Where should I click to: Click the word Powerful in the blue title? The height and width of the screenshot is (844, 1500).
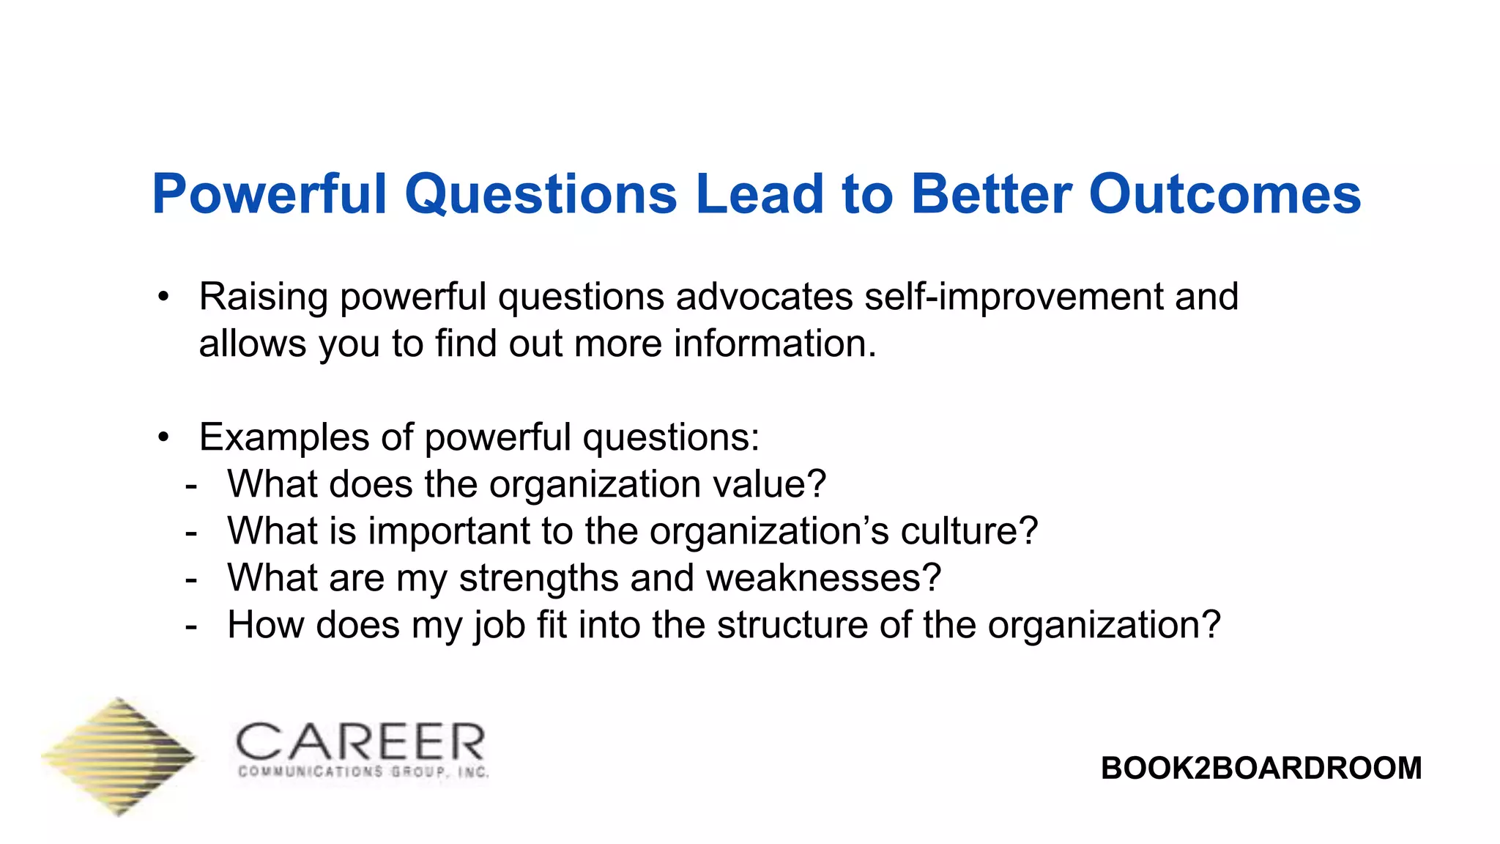(269, 195)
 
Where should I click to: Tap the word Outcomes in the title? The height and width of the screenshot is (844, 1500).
(1225, 195)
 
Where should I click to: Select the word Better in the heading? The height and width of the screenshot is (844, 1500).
(991, 195)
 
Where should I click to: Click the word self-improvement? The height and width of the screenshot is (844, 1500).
(1014, 297)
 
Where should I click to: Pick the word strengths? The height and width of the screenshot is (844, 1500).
(538, 579)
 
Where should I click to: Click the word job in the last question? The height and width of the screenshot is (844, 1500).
(500, 626)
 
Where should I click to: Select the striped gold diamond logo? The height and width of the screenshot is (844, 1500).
(119, 756)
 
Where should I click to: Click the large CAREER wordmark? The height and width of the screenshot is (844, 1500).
(360, 741)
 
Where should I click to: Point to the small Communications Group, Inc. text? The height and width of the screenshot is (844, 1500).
(363, 772)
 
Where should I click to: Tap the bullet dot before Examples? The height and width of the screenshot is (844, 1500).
(163, 438)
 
